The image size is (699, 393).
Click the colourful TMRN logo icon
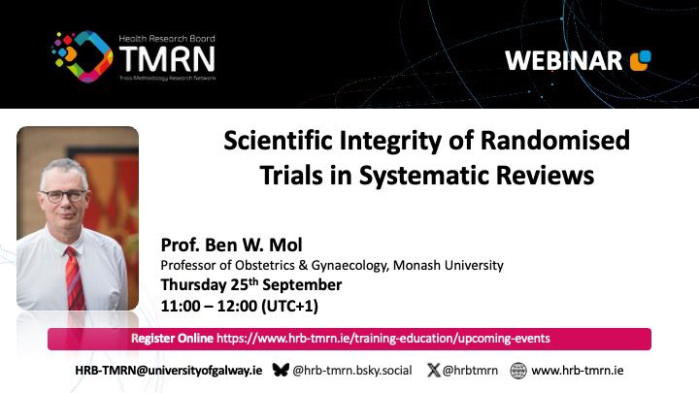click(x=82, y=56)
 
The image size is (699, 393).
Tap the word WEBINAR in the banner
click(x=563, y=61)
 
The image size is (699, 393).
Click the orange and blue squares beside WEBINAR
click(x=640, y=60)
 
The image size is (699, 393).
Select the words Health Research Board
click(x=167, y=38)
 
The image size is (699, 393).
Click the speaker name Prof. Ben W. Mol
click(x=231, y=245)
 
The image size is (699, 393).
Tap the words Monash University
click(x=448, y=265)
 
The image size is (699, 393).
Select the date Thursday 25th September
click(x=251, y=284)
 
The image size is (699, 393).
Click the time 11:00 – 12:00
click(x=209, y=306)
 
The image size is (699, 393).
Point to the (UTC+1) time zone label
click(x=289, y=306)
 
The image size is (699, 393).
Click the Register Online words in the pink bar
click(x=172, y=339)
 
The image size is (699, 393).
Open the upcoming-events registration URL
click(x=383, y=339)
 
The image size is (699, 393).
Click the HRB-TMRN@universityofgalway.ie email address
click(x=169, y=371)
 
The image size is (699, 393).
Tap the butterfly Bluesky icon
click(x=281, y=370)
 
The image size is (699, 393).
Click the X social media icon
click(x=433, y=370)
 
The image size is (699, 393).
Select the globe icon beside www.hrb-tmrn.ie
click(x=518, y=371)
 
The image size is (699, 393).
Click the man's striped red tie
click(x=74, y=278)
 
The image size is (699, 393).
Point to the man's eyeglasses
click(x=64, y=196)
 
